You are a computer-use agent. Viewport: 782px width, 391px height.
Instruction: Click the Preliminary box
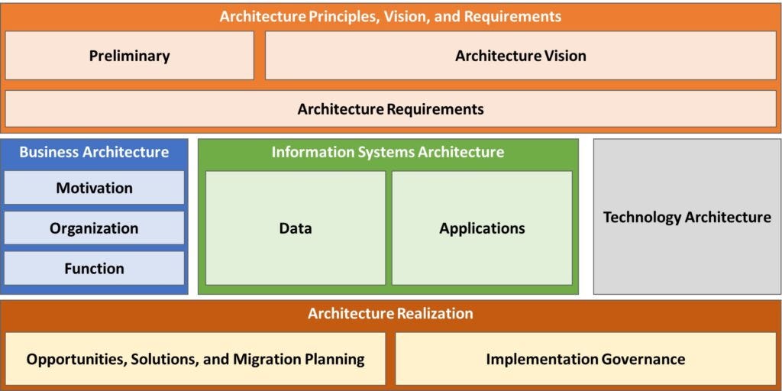pyautogui.click(x=129, y=56)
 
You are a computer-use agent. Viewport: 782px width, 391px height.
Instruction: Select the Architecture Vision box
pyautogui.click(x=520, y=56)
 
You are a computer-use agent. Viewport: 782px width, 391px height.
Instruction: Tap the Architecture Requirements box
pyautogui.click(x=390, y=109)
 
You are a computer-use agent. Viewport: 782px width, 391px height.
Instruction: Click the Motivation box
pyautogui.click(x=94, y=188)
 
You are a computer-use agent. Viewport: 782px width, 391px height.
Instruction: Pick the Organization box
pyautogui.click(x=94, y=228)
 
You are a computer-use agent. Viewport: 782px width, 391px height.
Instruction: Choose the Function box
pyautogui.click(x=94, y=269)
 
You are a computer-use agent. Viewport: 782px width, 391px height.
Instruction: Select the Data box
pyautogui.click(x=295, y=228)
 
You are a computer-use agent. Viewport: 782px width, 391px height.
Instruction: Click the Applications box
pyautogui.click(x=482, y=228)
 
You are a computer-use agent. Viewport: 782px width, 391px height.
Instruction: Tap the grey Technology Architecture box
pyautogui.click(x=687, y=217)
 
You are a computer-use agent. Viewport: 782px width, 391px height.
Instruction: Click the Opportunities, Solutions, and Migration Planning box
pyautogui.click(x=195, y=359)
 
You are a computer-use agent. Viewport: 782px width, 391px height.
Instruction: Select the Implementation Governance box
pyautogui.click(x=585, y=359)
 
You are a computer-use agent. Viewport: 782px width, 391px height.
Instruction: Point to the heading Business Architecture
pyautogui.click(x=94, y=152)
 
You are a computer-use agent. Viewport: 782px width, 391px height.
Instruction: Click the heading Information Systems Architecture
pyautogui.click(x=388, y=152)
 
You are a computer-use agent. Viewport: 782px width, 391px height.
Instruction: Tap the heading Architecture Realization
pyautogui.click(x=390, y=313)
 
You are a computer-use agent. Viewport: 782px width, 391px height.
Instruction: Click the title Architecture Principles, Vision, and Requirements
pyautogui.click(x=390, y=16)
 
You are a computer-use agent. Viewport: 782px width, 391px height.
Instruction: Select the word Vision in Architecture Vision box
pyautogui.click(x=565, y=56)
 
